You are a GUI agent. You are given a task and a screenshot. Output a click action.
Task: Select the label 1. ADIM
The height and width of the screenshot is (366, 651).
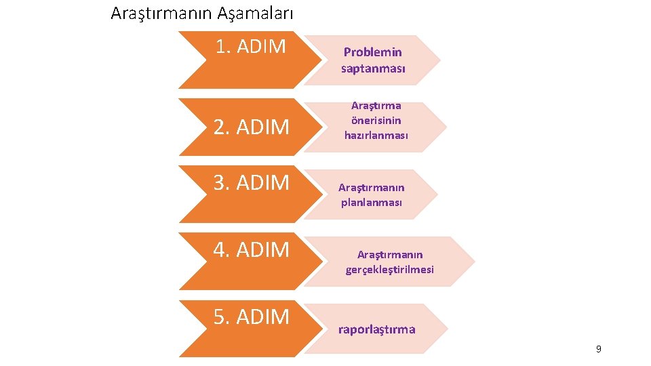tap(250, 47)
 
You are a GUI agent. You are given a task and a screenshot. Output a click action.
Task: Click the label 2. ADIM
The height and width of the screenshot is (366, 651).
tap(252, 127)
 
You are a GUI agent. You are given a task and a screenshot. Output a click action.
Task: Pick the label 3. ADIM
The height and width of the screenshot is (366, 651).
tap(252, 182)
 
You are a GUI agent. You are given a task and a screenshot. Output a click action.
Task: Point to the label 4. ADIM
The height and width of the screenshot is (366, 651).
tap(252, 249)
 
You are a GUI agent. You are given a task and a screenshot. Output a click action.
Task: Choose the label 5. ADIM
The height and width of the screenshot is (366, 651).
tap(252, 317)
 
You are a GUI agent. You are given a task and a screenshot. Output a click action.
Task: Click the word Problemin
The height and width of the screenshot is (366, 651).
tap(372, 52)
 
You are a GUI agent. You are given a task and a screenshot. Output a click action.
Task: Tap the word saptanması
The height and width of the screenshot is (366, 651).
tap(373, 68)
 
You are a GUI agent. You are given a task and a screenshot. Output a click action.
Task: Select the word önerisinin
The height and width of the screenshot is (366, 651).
tap(376, 121)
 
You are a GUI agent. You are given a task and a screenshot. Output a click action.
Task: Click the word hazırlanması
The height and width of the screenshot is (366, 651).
tap(376, 136)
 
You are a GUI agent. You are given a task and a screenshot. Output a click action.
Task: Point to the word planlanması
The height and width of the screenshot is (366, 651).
tap(372, 203)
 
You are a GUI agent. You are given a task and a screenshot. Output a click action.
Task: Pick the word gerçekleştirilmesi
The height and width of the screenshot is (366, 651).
tap(389, 270)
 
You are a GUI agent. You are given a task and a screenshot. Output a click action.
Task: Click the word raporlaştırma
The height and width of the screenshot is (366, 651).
tap(376, 329)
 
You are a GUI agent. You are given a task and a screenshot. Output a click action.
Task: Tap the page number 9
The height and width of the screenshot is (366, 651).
tap(598, 349)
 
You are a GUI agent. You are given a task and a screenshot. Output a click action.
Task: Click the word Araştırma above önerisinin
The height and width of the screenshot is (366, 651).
tap(376, 106)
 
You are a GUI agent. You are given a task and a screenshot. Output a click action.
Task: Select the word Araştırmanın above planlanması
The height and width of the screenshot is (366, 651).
tap(372, 188)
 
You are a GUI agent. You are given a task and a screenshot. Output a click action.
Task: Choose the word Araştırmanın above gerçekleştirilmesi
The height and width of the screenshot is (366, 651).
tap(390, 255)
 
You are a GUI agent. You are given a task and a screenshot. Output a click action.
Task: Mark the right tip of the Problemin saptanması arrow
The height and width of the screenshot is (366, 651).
tap(439, 60)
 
